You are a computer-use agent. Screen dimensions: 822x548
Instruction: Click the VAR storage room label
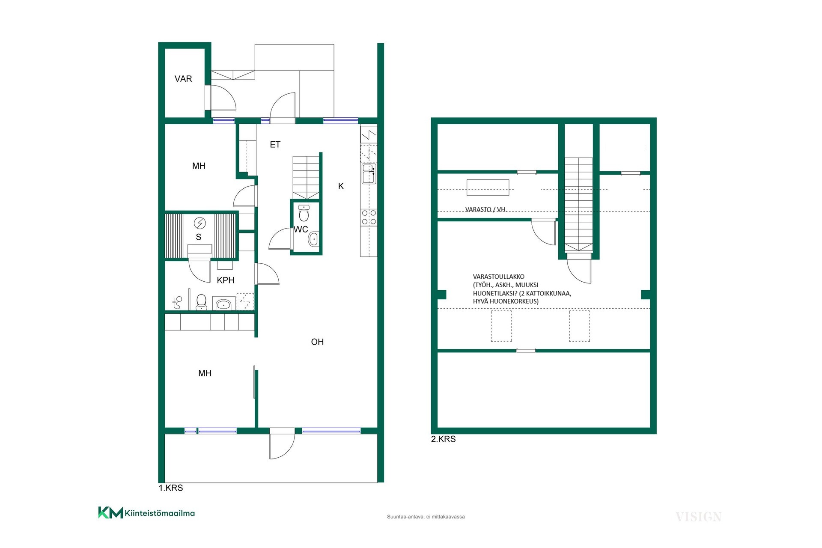(x=183, y=79)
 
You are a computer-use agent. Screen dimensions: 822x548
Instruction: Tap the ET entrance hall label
(x=275, y=145)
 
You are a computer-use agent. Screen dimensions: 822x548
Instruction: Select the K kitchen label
(x=341, y=186)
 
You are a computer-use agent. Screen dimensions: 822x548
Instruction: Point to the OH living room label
(x=317, y=342)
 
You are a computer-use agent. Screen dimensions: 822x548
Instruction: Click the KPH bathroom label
(x=226, y=280)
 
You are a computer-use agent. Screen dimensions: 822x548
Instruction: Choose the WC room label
(x=301, y=229)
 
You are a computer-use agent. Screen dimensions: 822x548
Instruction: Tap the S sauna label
(x=199, y=237)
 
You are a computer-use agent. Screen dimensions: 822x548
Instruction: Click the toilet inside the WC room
(x=304, y=213)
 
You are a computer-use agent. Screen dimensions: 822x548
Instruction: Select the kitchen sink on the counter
(x=369, y=173)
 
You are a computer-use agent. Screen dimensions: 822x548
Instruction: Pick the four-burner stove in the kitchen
(x=369, y=217)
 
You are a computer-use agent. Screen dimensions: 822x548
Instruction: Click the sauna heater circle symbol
(x=200, y=223)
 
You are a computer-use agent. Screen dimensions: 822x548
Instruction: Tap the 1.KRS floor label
(x=171, y=488)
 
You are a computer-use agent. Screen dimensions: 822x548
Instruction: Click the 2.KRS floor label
(x=444, y=439)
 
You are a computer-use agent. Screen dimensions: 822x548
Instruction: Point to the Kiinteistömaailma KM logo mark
(x=110, y=512)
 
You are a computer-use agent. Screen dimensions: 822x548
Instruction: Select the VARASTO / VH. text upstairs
(x=486, y=209)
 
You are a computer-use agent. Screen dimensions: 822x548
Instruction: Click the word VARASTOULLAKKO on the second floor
(x=499, y=277)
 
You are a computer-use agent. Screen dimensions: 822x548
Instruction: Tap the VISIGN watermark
(x=698, y=517)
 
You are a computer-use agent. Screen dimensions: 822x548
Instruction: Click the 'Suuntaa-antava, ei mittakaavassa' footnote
(x=426, y=517)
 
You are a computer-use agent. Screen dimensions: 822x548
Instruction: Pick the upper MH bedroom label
(x=199, y=166)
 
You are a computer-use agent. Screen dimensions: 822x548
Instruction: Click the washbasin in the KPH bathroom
(x=223, y=304)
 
